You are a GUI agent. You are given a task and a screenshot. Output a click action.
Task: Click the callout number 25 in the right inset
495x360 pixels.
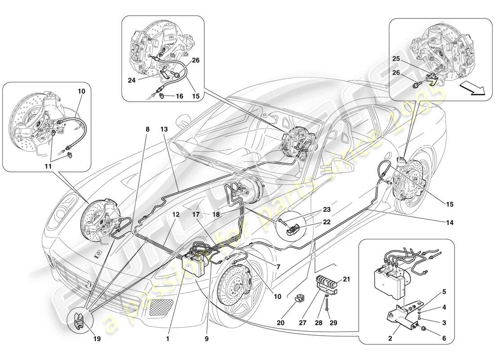point(396,59)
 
